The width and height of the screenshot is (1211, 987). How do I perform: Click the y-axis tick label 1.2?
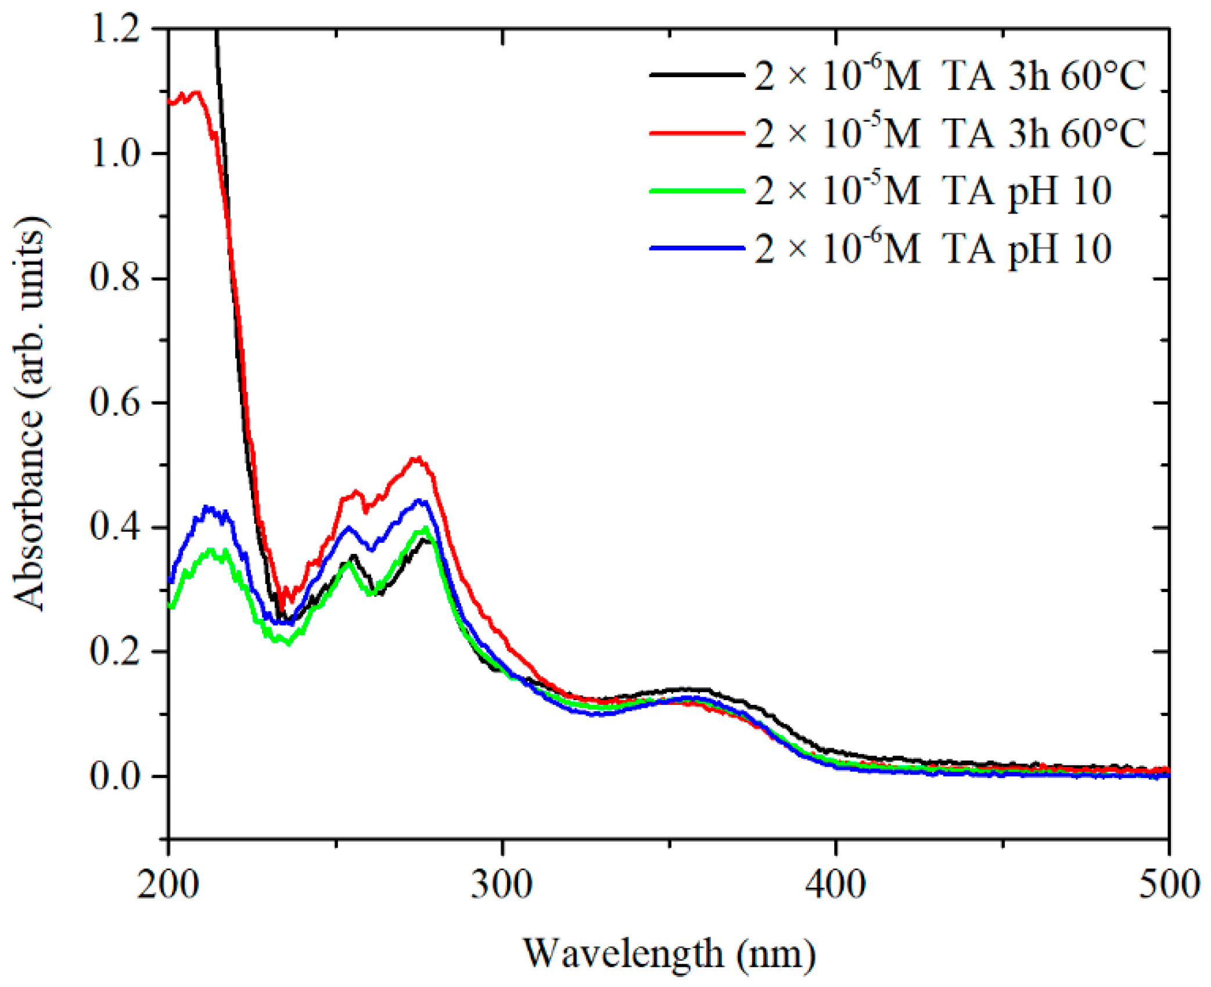click(x=116, y=29)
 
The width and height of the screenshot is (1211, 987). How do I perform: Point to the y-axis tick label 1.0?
click(x=116, y=154)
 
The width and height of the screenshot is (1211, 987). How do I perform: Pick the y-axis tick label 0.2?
click(x=116, y=651)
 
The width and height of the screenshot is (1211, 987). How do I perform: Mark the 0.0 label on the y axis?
click(x=116, y=776)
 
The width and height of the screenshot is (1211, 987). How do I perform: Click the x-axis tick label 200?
click(x=168, y=886)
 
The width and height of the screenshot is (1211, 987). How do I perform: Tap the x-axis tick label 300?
click(x=502, y=886)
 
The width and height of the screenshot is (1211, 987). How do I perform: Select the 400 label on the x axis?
click(x=835, y=886)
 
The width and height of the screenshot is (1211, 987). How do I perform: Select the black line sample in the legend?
click(x=697, y=75)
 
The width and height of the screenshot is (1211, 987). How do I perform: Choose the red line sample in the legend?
click(x=697, y=133)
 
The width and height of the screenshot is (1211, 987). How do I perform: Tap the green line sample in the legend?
click(x=697, y=190)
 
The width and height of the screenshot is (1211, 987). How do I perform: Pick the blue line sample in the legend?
click(x=697, y=248)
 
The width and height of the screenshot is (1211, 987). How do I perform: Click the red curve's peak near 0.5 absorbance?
click(x=417, y=459)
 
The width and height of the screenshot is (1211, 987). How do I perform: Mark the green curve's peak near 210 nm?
click(x=211, y=550)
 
